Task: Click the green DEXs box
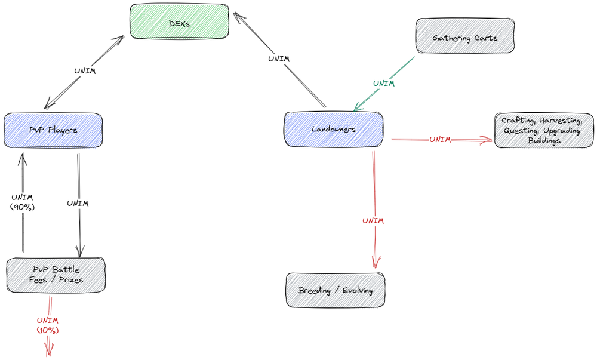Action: coord(179,21)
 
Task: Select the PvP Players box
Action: coord(53,130)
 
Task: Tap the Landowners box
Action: coord(334,129)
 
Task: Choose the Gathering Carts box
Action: coord(465,35)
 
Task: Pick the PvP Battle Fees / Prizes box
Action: coord(56,275)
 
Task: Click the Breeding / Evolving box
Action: coord(336,290)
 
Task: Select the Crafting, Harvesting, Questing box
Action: coord(544,130)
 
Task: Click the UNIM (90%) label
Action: coord(23,202)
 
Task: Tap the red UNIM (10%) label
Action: coord(48,325)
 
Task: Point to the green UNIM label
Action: coord(384,84)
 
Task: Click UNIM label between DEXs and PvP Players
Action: coord(85,71)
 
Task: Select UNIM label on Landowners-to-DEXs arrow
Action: coord(279,59)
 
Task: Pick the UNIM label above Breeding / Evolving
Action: coord(373,221)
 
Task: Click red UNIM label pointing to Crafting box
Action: coord(440,140)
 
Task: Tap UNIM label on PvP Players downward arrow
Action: coord(78,203)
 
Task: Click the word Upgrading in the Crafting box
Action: coord(562,131)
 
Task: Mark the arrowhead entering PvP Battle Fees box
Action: coord(80,251)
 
